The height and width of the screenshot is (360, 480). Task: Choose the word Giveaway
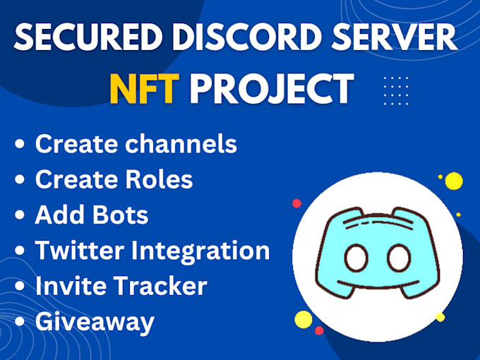coord(94,322)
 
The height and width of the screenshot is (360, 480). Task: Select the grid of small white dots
coord(395,90)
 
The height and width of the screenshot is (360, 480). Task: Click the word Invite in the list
coord(66,286)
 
